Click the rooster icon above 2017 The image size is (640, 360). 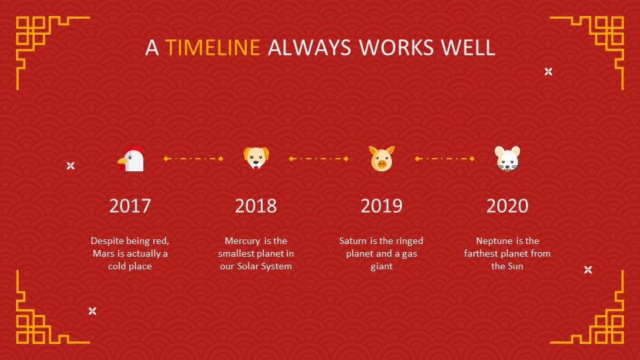click(x=131, y=159)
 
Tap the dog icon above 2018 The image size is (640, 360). click(x=256, y=159)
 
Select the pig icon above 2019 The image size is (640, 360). click(x=381, y=159)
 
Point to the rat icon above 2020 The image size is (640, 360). click(x=507, y=159)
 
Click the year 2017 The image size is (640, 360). click(x=130, y=205)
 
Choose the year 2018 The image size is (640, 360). click(x=255, y=205)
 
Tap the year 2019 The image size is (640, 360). click(x=381, y=205)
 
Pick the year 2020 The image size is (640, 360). click(x=507, y=205)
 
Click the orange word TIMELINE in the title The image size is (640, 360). click(x=213, y=48)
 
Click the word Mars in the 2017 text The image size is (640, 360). click(x=103, y=254)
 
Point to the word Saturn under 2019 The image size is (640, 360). click(x=353, y=241)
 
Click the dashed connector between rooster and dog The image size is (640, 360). click(x=193, y=159)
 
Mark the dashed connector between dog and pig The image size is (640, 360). click(x=319, y=159)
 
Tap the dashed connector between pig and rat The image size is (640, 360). click(x=445, y=159)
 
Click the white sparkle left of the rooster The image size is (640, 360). click(x=71, y=165)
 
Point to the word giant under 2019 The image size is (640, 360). click(x=381, y=267)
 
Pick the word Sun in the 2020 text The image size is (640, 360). click(x=515, y=267)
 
